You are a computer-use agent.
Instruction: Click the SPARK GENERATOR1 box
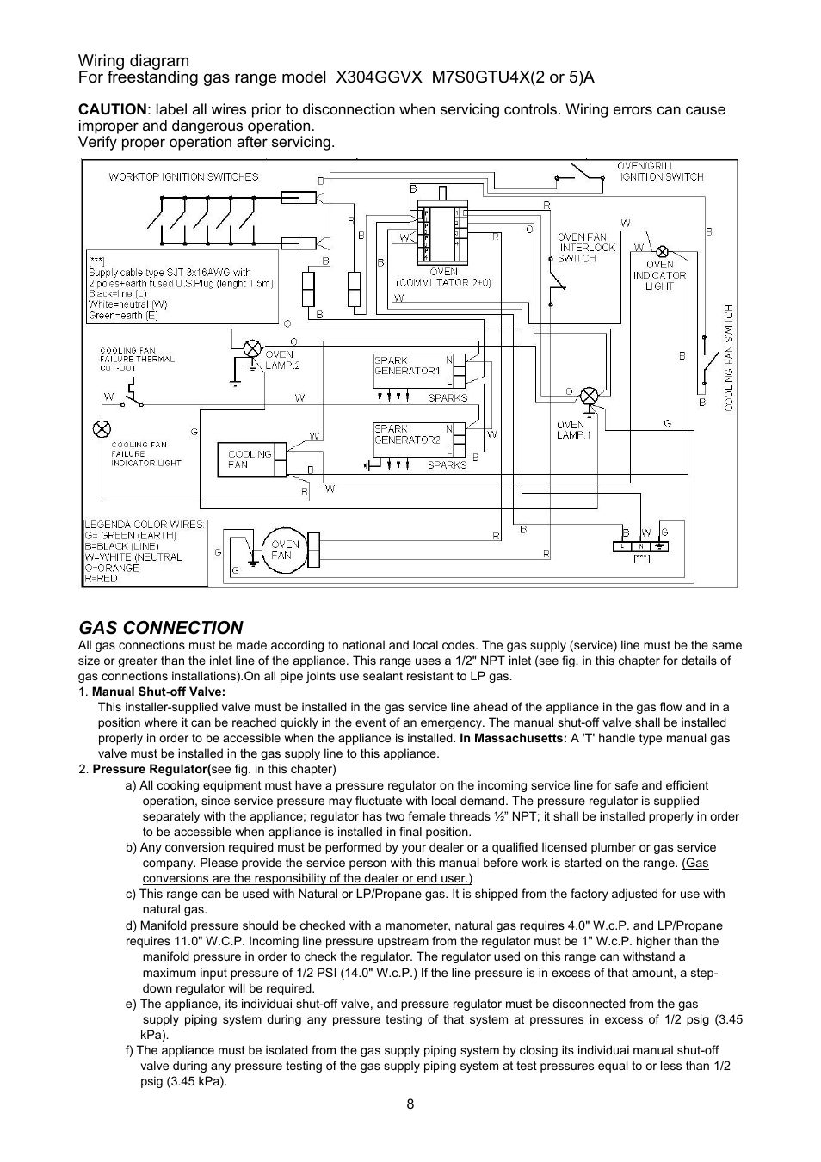pos(414,371)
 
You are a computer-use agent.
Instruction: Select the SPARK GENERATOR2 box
pos(414,440)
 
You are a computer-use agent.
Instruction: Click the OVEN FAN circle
pos(284,550)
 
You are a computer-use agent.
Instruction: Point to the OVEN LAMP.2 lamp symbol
pos(253,347)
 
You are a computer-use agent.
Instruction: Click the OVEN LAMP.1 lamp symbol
pos(589,397)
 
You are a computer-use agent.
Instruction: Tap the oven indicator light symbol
pos(662,252)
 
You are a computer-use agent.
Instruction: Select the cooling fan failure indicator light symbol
pos(102,429)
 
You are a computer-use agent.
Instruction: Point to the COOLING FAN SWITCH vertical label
pos(729,358)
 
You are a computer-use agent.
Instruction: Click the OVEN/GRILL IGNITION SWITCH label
pos(660,171)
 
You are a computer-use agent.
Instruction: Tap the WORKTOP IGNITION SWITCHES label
pos(183,177)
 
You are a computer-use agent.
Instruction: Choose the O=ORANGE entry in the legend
pos(112,568)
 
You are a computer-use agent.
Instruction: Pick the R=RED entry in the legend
pos(102,578)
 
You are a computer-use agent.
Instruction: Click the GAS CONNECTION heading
pos(160,628)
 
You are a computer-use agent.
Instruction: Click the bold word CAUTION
pos(113,109)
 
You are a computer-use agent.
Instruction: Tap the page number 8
pos(410,1104)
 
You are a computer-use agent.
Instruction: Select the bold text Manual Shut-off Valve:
pos(159,692)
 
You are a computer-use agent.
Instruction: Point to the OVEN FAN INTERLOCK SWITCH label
pos(586,248)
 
